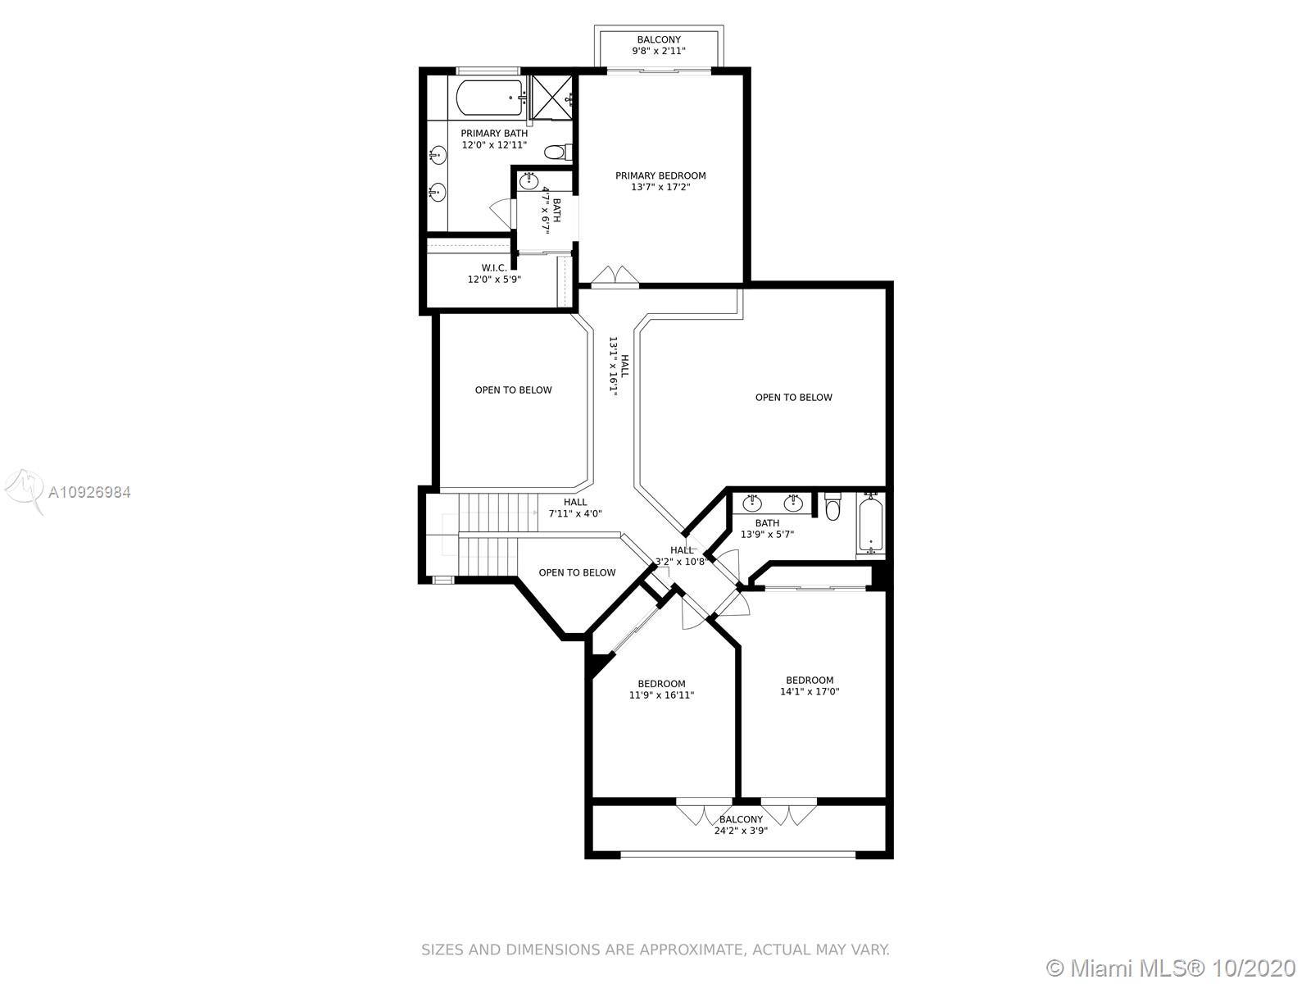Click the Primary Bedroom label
pos(660,175)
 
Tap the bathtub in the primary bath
pos(490,98)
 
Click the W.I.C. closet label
pos(495,268)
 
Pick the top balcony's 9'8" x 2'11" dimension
pos(659,52)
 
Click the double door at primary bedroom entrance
pos(615,276)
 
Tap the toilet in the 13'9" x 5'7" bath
pos(832,506)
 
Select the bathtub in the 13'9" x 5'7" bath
pos(870,523)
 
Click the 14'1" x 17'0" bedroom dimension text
pos(810,692)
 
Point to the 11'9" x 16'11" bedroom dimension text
pos(662,695)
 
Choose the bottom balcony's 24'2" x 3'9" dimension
pos(742,831)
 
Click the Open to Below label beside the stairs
pos(577,573)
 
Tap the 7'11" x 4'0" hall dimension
pos(575,514)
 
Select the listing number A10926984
pos(89,492)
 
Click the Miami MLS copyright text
pos(1171,968)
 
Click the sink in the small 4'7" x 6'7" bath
pos(528,180)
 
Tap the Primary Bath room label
pos(495,134)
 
